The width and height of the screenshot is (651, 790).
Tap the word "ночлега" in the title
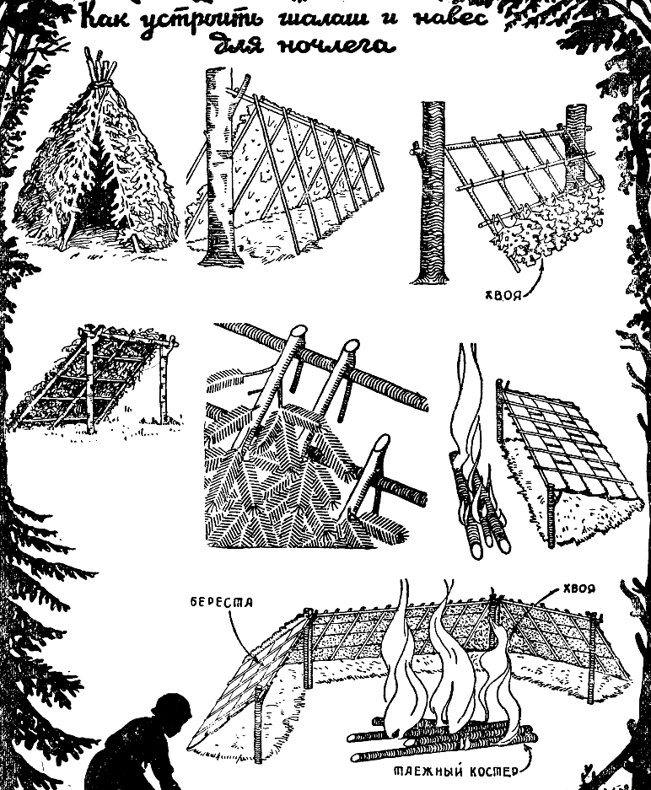[x=335, y=46]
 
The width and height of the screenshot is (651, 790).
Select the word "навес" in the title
[x=451, y=19]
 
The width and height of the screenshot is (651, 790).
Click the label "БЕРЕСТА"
[x=222, y=603]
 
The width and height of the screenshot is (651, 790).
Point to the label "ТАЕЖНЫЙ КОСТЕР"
[x=455, y=771]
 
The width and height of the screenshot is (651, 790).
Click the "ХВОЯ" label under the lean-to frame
[x=503, y=295]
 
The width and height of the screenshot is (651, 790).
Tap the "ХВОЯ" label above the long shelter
[x=578, y=588]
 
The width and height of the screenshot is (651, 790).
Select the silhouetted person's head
[x=174, y=712]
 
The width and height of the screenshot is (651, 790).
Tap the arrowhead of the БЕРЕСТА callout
[x=259, y=658]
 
